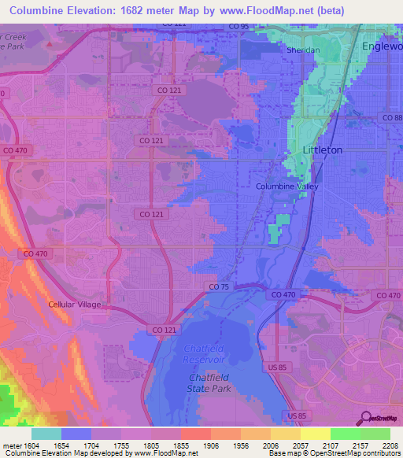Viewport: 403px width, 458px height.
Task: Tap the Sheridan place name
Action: click(x=303, y=50)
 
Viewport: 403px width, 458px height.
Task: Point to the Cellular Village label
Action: click(x=76, y=304)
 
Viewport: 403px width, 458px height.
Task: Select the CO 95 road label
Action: click(x=238, y=26)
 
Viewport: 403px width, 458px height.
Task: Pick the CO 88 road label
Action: click(x=390, y=117)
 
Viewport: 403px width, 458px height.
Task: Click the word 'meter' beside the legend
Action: click(x=13, y=445)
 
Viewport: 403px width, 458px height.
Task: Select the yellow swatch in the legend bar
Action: click(x=315, y=434)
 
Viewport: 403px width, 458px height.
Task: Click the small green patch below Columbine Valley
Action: click(x=274, y=234)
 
